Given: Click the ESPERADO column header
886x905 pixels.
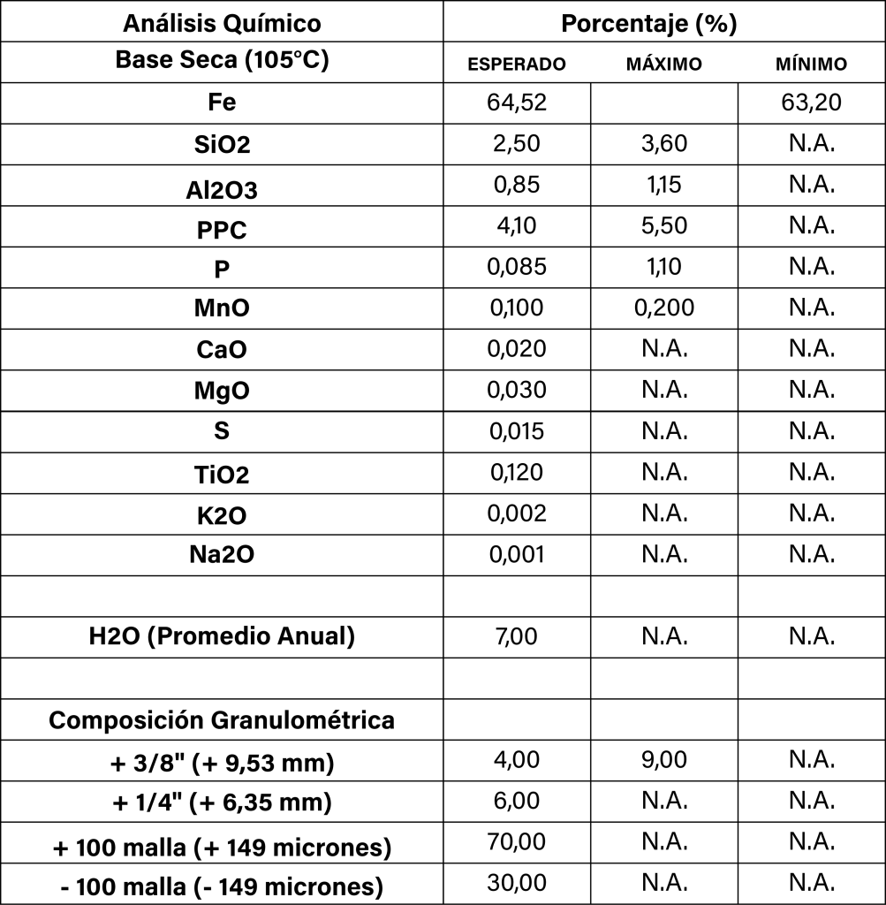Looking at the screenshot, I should [x=517, y=65].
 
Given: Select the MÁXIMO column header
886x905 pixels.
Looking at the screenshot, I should [x=663, y=65].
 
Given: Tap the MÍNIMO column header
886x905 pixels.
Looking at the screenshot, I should [x=811, y=65].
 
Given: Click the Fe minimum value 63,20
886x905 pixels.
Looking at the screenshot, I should [x=811, y=103].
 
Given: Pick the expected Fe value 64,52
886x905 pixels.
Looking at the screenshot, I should [x=517, y=103].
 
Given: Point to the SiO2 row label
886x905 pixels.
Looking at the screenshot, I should [x=222, y=146].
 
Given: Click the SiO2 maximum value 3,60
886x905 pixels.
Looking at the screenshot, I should [x=663, y=143].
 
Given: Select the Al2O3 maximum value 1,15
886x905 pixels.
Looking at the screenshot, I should [x=663, y=185].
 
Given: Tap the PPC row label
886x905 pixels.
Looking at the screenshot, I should [x=222, y=230].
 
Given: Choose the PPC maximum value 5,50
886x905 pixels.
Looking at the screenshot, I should [x=663, y=225].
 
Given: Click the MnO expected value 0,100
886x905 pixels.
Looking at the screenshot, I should [x=517, y=308].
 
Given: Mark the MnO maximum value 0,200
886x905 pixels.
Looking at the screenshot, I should [x=663, y=308].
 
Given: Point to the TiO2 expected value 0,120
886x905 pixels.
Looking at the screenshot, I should [x=517, y=472].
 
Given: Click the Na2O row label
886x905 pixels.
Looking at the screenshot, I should [x=222, y=555].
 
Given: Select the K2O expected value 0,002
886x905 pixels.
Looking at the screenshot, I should [x=517, y=513].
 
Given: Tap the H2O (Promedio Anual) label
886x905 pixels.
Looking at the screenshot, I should [x=222, y=636].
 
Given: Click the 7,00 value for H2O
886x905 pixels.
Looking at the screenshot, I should [x=517, y=636].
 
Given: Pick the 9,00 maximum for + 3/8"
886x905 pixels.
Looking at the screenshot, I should [x=663, y=760].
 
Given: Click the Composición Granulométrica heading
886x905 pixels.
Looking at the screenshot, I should [x=222, y=720].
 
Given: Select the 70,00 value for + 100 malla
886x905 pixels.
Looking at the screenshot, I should [x=517, y=842].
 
